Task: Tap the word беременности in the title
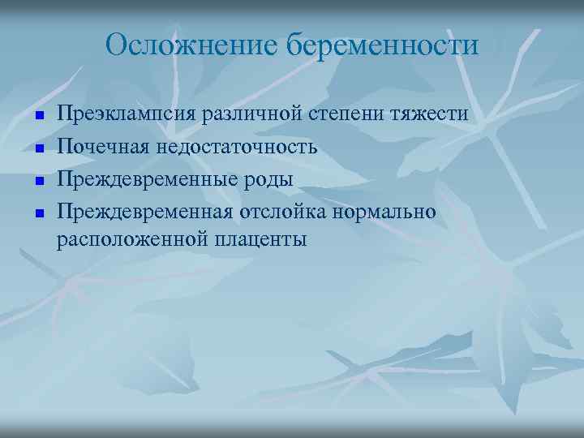coord(382,45)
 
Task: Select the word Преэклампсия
coord(125,114)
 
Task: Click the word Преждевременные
coord(146,179)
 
